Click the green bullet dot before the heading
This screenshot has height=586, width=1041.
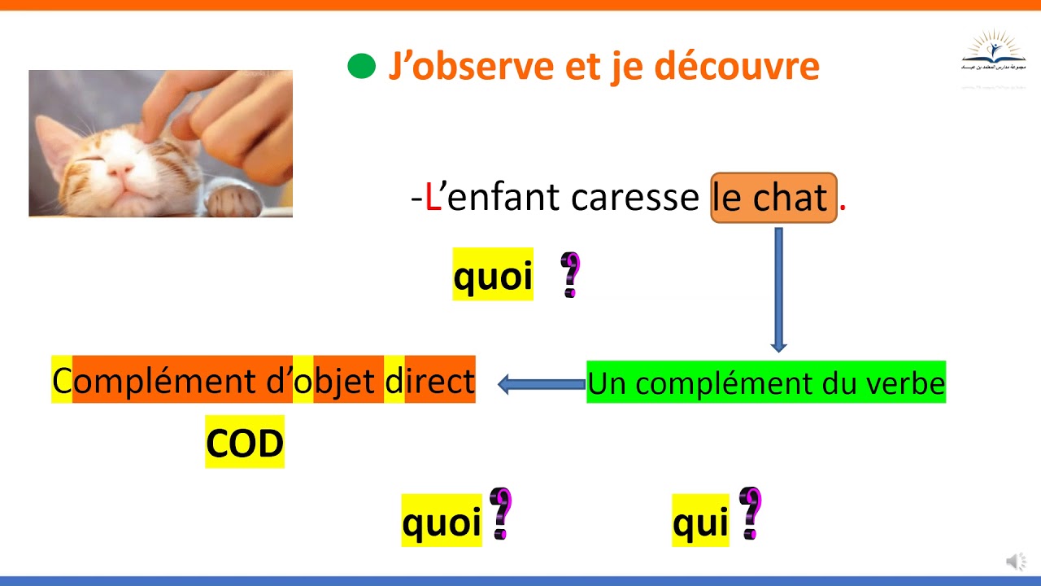click(361, 66)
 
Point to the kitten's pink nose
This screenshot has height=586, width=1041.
click(121, 170)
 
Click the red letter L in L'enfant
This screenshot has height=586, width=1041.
click(433, 198)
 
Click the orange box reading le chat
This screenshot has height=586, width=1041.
click(773, 198)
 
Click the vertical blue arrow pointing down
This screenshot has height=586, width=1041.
click(778, 289)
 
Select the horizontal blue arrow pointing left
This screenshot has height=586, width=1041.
click(541, 384)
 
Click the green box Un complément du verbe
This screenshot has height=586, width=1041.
click(766, 383)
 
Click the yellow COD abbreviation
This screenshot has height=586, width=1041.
click(245, 443)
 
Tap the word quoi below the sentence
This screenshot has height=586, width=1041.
click(493, 275)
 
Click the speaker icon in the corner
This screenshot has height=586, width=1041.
click(1016, 561)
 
